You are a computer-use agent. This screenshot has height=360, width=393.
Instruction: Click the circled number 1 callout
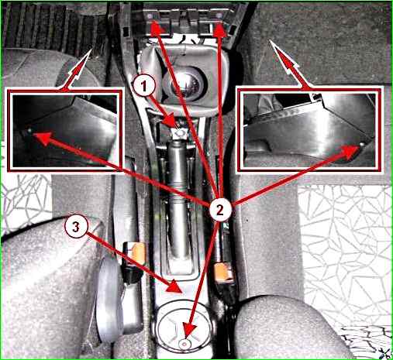144,87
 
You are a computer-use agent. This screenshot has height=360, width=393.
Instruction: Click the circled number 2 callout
219,210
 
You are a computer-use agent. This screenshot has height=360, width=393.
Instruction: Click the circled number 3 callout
76,227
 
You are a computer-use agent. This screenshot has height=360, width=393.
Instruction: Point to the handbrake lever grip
178,199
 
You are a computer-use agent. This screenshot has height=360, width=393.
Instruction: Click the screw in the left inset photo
29,131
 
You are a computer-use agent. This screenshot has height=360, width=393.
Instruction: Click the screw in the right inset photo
362,145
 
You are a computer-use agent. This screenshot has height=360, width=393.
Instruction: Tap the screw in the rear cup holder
184,344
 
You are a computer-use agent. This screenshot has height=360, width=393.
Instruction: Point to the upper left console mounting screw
149,16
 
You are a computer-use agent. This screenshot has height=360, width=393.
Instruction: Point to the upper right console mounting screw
219,16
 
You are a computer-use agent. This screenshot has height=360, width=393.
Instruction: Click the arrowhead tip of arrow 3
183,293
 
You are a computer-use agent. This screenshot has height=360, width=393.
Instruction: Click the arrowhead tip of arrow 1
178,128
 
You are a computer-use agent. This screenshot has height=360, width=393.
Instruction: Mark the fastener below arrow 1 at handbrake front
179,134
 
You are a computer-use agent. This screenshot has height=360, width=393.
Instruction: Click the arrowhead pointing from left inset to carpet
91,50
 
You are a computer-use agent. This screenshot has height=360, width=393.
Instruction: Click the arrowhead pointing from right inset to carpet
270,40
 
